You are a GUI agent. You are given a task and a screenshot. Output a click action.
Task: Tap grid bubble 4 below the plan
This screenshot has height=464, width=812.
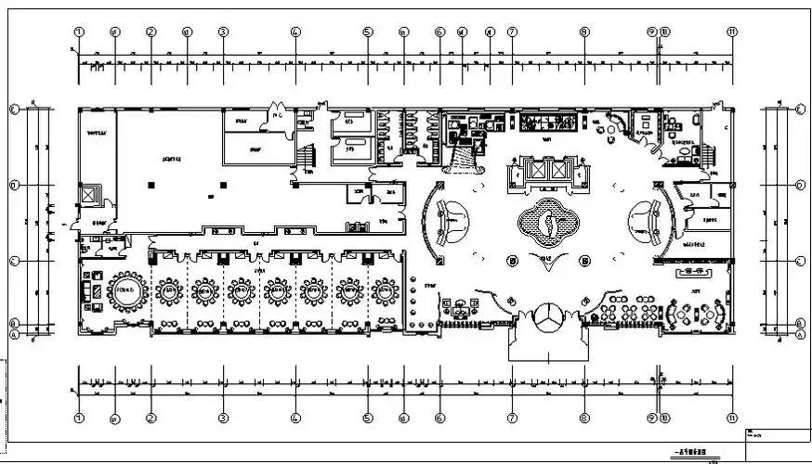click(x=295, y=417)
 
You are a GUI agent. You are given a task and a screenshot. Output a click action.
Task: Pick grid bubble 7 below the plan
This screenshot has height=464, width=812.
click(x=512, y=417)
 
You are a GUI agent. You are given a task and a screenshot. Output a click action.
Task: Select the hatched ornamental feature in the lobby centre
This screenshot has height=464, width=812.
click(x=549, y=224)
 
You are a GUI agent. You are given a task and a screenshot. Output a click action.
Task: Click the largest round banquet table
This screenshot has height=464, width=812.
click(x=126, y=291)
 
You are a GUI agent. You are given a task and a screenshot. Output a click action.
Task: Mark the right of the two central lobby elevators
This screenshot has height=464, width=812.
click(x=558, y=171)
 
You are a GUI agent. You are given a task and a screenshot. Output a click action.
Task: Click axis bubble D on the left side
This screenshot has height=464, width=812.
click(x=14, y=185)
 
